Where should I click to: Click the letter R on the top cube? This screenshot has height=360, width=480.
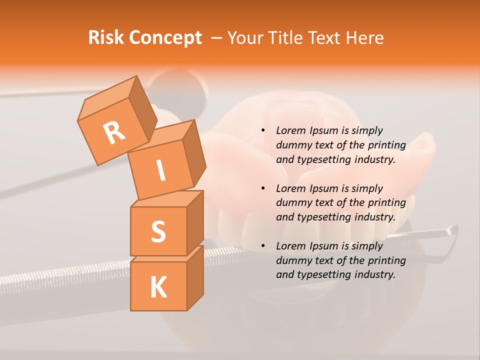[114, 132]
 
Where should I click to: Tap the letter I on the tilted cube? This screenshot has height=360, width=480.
[160, 170]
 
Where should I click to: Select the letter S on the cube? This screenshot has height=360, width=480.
[158, 231]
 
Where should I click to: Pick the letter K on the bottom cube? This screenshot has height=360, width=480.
[158, 287]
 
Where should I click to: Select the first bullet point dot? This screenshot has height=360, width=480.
[263, 130]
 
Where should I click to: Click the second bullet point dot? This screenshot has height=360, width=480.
[263, 188]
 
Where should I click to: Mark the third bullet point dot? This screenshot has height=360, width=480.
[263, 246]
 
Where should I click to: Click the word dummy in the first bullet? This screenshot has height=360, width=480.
[292, 145]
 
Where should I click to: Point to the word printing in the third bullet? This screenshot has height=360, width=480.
[386, 260]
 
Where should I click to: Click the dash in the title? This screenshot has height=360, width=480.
[217, 38]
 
